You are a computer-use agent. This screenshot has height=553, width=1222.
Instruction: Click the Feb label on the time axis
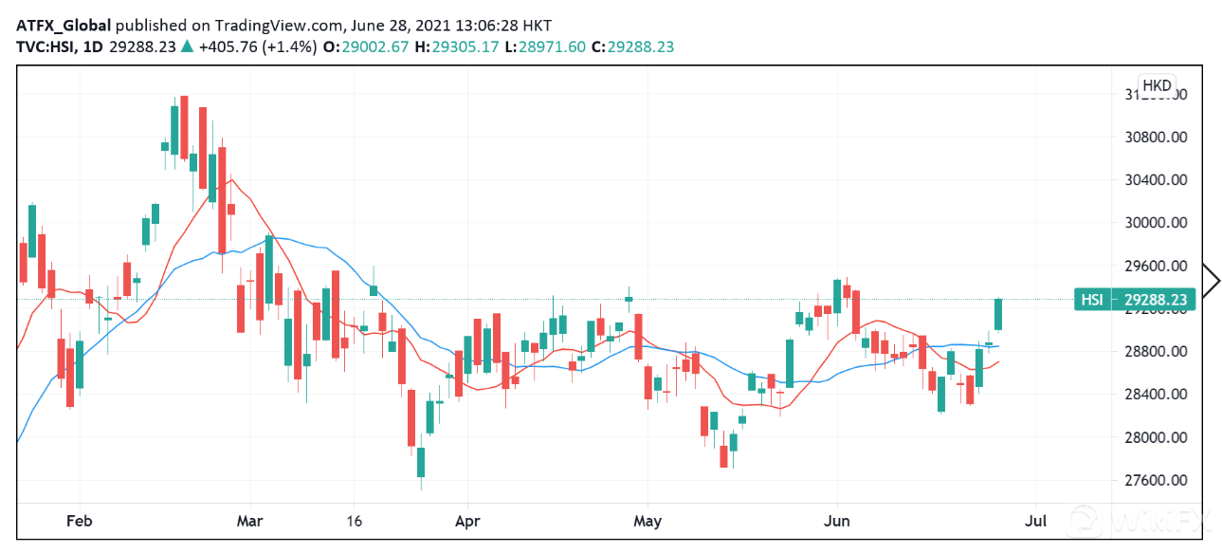coord(79,521)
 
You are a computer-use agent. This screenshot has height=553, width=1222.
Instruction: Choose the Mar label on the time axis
coord(250,521)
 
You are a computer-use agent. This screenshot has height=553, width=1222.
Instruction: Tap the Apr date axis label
coord(466,521)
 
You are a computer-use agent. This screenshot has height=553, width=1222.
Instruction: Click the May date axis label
coord(647,521)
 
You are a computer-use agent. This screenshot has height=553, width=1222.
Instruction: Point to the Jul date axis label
coord(1037,521)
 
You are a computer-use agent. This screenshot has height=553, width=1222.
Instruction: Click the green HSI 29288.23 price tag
coord(1134,300)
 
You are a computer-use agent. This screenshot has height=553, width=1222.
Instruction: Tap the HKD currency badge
coord(1157,85)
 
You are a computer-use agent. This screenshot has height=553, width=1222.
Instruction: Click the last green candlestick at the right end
coord(998,314)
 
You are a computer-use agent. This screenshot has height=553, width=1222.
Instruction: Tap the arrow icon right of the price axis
coord(1211,279)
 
